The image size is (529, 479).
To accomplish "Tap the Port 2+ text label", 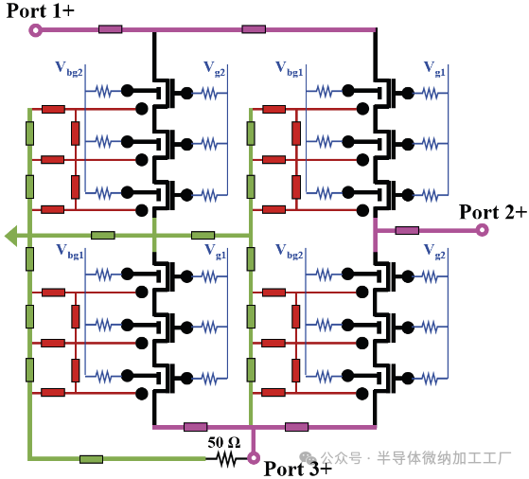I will [x=492, y=211].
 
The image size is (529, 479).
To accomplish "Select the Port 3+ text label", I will [x=297, y=468].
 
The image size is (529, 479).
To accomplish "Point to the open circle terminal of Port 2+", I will [x=482, y=229].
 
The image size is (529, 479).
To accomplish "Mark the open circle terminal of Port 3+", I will [x=253, y=459].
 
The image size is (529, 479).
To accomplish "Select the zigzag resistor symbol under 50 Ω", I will [x=226, y=459].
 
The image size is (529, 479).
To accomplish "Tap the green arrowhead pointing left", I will [x=11, y=235].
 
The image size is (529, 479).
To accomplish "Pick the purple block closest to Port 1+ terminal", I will [x=110, y=29].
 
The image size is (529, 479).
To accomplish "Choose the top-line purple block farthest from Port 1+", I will [x=253, y=29].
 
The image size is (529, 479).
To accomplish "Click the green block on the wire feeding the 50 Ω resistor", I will [x=91, y=459].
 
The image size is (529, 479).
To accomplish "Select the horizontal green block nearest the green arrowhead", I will [x=102, y=235].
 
